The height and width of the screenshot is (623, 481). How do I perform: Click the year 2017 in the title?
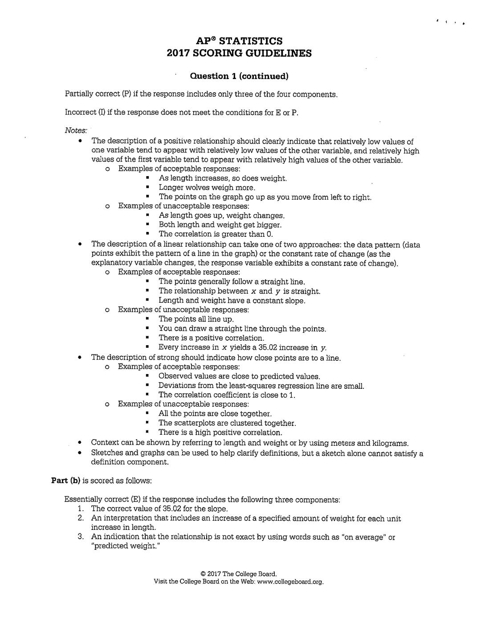tap(178, 54)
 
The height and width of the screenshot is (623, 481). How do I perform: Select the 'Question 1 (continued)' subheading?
tap(239, 76)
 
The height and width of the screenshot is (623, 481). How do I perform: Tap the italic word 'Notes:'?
tap(76, 130)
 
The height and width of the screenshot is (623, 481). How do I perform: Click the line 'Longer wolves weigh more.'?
tap(207, 188)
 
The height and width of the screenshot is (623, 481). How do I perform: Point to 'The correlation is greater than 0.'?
tap(216, 234)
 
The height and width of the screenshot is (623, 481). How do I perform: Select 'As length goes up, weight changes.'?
tap(221, 215)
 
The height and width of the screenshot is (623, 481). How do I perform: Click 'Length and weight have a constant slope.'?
tap(232, 301)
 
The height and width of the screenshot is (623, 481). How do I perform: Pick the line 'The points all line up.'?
tap(196, 319)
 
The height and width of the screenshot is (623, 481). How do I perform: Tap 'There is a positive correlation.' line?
tap(211, 338)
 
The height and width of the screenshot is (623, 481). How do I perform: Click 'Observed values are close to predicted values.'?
tap(239, 376)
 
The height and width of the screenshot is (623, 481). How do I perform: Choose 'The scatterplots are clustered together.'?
tap(227, 423)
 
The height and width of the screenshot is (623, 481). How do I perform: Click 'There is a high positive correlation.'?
tap(220, 433)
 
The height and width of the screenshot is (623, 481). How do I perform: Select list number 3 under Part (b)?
tap(81, 537)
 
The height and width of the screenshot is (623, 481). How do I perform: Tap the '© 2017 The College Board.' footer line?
tap(239, 574)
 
